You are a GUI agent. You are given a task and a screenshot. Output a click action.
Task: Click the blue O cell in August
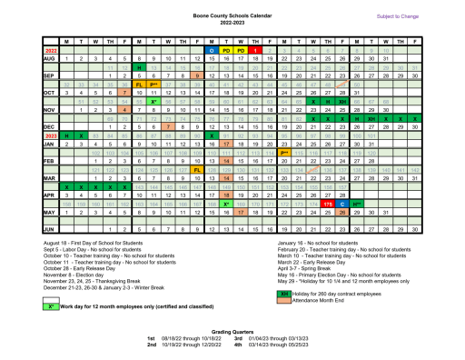click(x=211, y=50)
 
